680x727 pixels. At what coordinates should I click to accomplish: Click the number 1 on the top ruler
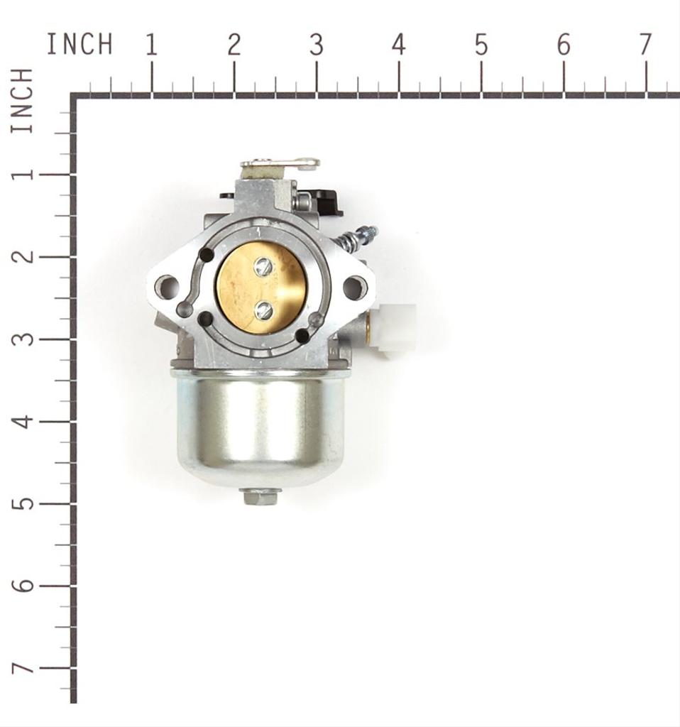click(x=152, y=45)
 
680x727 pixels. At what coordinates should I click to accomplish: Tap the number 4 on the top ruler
click(x=399, y=45)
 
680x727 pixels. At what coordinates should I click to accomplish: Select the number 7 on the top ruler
click(x=646, y=45)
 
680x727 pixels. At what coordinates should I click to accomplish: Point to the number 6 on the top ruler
click(x=563, y=45)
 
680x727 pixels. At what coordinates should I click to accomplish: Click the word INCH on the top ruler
click(x=79, y=44)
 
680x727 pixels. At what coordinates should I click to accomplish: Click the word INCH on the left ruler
click(x=22, y=100)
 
